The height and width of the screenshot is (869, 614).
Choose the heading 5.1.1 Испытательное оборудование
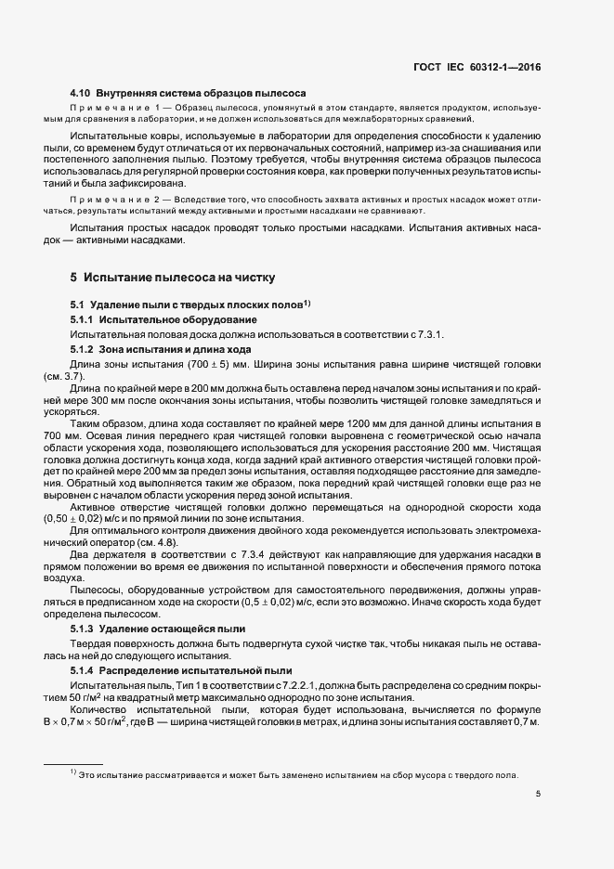[x=152, y=318]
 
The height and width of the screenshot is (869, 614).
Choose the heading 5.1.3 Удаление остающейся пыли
[x=158, y=629]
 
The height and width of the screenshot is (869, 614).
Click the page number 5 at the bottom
[x=539, y=793]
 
